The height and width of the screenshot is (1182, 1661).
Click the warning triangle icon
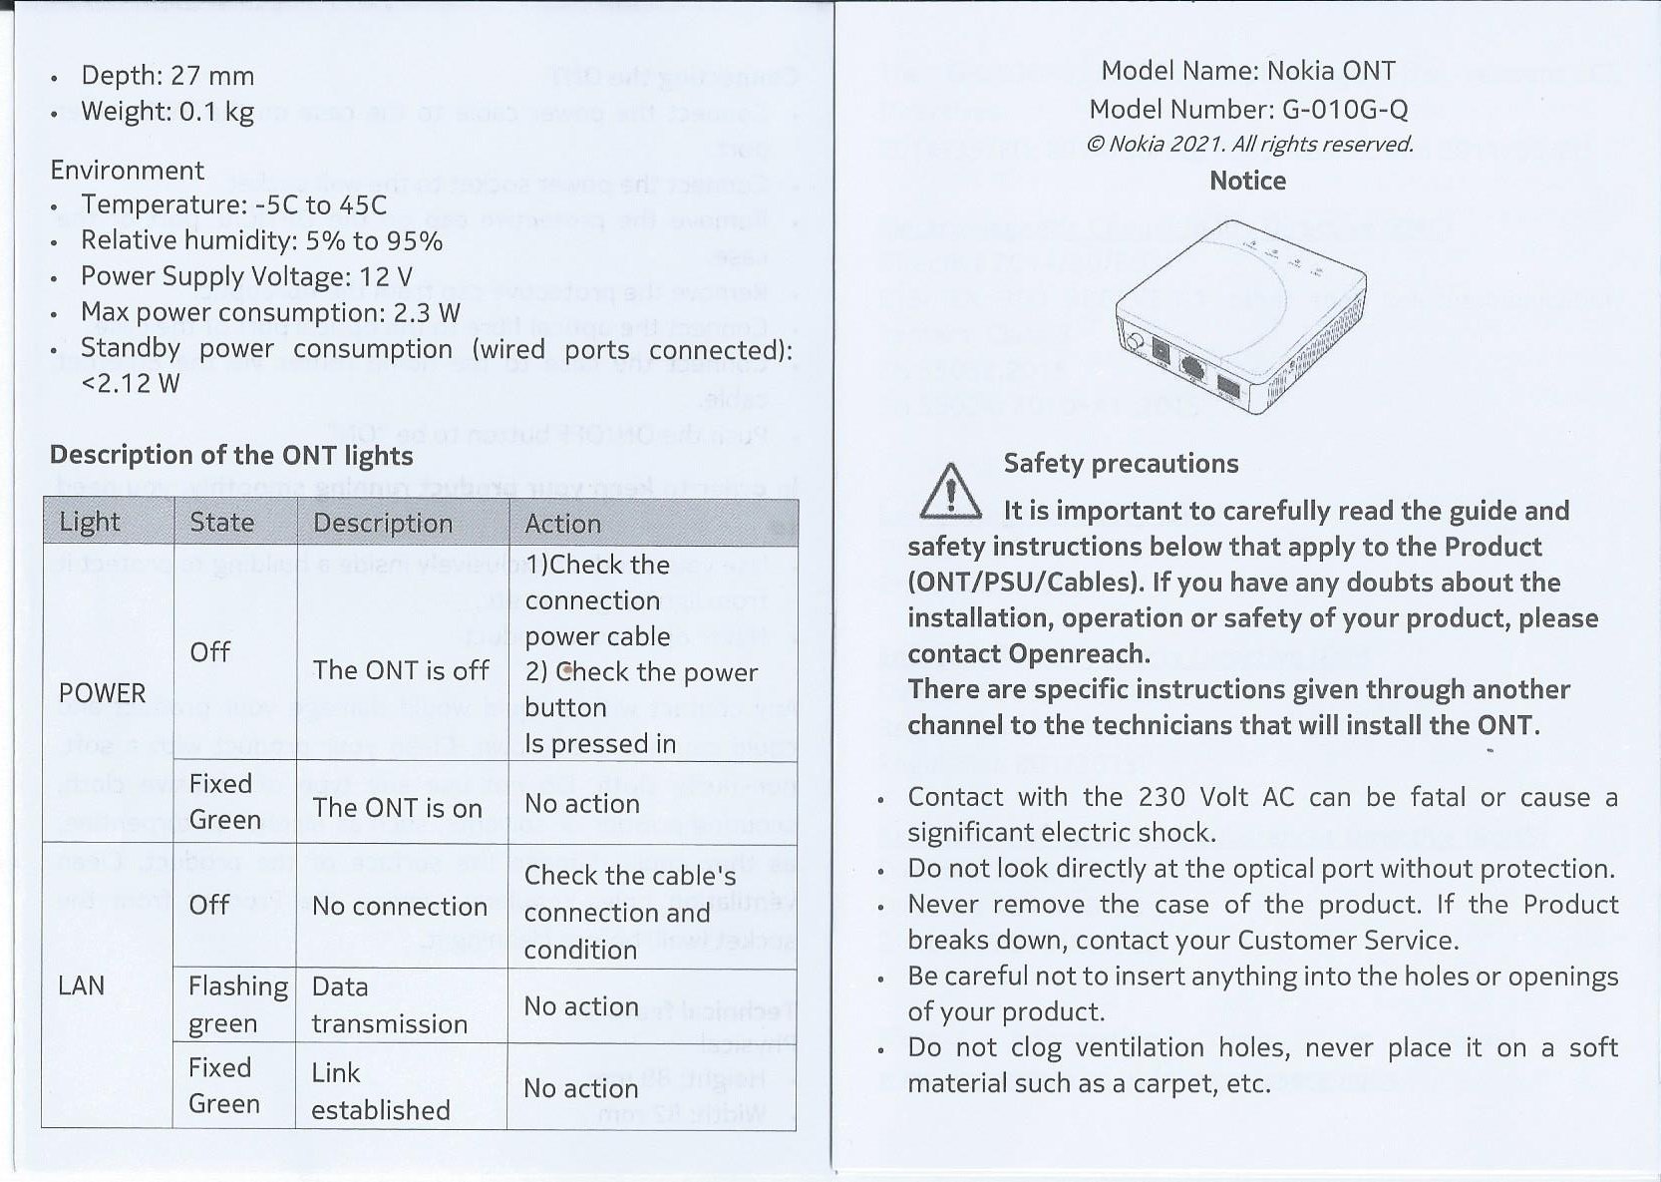(x=950, y=492)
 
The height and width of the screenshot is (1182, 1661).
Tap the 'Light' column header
(x=90, y=522)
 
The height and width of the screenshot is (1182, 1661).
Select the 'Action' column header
(x=562, y=523)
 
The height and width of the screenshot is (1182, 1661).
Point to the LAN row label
(x=81, y=985)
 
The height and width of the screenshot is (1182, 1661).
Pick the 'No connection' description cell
(x=399, y=906)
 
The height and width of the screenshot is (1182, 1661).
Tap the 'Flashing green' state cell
(x=237, y=1004)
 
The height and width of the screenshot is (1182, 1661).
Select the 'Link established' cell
(x=380, y=1091)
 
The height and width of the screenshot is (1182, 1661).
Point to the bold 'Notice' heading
(x=1247, y=181)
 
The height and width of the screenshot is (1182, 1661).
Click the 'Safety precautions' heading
(x=1121, y=463)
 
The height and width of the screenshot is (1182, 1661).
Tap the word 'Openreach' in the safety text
(x=1077, y=654)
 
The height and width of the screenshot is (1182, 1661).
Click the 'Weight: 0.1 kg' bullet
(x=167, y=111)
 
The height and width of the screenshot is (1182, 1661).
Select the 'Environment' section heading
(x=127, y=171)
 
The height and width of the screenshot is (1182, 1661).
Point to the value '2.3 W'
(x=427, y=313)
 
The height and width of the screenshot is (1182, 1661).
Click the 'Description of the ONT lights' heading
(x=231, y=456)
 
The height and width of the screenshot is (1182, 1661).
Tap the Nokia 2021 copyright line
(x=1248, y=144)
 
